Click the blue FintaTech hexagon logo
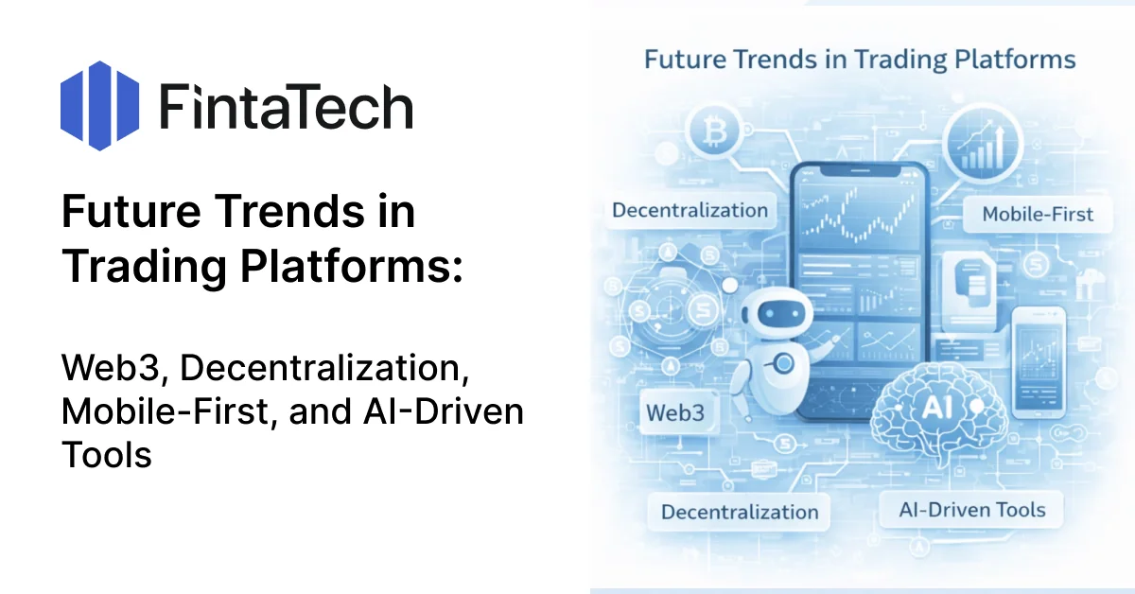click(100, 106)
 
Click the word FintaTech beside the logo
click(287, 107)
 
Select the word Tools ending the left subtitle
click(106, 455)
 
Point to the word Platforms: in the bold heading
click(352, 266)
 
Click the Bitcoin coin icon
click(714, 131)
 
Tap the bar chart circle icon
click(983, 145)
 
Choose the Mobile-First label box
click(1038, 215)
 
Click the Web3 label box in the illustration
click(675, 412)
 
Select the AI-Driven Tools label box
click(972, 510)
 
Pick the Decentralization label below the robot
click(740, 512)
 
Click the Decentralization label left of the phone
click(690, 210)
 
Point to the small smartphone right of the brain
click(1039, 363)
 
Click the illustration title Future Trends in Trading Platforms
click(860, 60)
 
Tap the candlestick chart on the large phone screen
click(860, 216)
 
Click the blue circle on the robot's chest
click(784, 363)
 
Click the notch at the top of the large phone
click(860, 171)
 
